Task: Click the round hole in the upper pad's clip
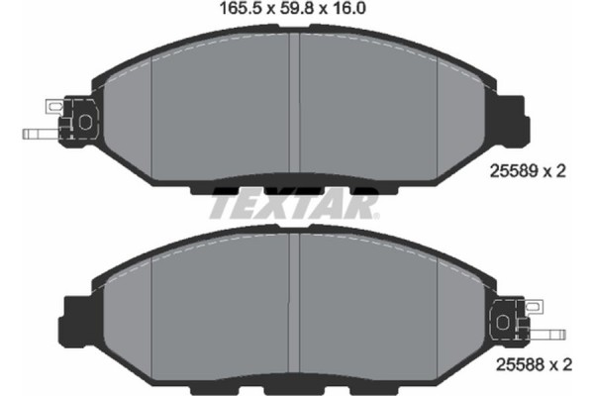(84, 120)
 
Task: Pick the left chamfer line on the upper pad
(150, 114)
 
